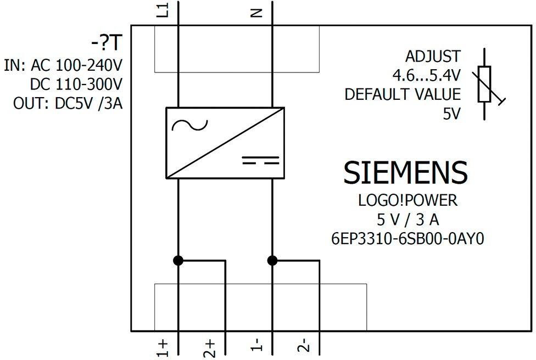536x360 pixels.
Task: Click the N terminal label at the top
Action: pyautogui.click(x=256, y=13)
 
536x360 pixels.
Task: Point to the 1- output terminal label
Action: pyautogui.click(x=256, y=345)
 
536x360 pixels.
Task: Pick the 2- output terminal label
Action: pyautogui.click(x=304, y=345)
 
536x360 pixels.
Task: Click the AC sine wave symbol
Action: pyautogui.click(x=189, y=126)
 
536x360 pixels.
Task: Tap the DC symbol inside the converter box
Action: pyautogui.click(x=261, y=160)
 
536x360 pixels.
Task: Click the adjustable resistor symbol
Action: pyautogui.click(x=485, y=85)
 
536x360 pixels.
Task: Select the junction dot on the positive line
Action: pyautogui.click(x=178, y=261)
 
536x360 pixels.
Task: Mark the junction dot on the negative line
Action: pyautogui.click(x=272, y=261)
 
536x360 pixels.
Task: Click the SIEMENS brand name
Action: pyautogui.click(x=405, y=172)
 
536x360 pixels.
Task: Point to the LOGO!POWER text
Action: pyautogui.click(x=407, y=200)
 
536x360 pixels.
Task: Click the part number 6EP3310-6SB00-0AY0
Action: pyautogui.click(x=407, y=239)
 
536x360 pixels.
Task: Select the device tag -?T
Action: pyautogui.click(x=107, y=43)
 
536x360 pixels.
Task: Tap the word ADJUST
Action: pyautogui.click(x=433, y=57)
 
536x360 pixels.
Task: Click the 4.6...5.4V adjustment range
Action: pyautogui.click(x=427, y=76)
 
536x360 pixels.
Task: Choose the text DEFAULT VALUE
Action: pyautogui.click(x=403, y=94)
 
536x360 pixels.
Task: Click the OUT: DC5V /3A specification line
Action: pyautogui.click(x=68, y=103)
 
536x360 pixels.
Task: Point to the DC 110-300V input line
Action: pyautogui.click(x=76, y=84)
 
